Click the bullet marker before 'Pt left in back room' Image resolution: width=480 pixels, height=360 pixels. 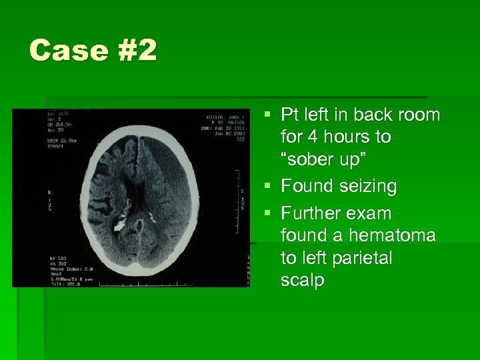[x=267, y=114]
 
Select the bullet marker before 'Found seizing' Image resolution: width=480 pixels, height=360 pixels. [x=267, y=186]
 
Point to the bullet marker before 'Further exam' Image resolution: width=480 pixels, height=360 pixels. [x=267, y=214]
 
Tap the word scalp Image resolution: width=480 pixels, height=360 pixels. [x=302, y=281]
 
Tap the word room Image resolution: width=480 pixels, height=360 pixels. [x=419, y=115]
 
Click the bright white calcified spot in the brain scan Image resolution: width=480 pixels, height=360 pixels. [x=121, y=224]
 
